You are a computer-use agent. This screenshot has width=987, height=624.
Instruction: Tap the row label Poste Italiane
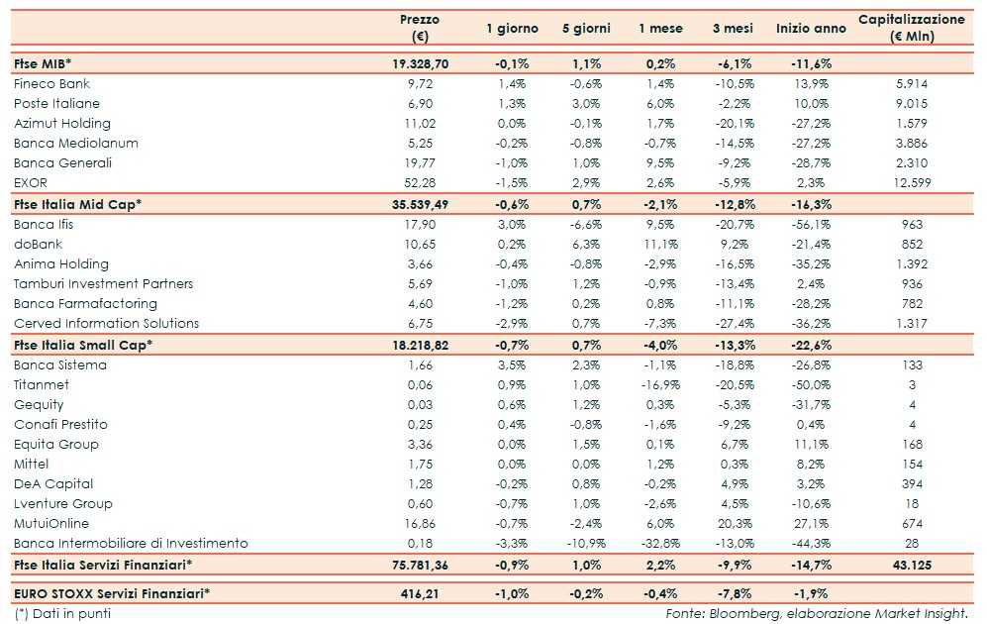(56, 104)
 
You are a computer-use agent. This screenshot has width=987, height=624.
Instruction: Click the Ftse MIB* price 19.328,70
(420, 62)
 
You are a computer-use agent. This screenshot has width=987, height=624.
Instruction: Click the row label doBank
(38, 245)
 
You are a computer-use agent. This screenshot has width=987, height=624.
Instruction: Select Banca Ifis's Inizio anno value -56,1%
(812, 225)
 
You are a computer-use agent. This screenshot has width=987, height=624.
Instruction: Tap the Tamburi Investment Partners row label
(103, 284)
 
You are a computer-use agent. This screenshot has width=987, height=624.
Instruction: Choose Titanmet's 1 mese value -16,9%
(657, 385)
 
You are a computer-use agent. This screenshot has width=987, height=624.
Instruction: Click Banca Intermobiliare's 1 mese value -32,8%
(657, 544)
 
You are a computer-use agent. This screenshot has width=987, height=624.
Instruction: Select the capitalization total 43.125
(911, 565)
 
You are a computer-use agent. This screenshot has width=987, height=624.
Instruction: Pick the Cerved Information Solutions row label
(106, 324)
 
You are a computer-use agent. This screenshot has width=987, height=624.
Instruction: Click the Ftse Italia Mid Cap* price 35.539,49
(420, 204)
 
